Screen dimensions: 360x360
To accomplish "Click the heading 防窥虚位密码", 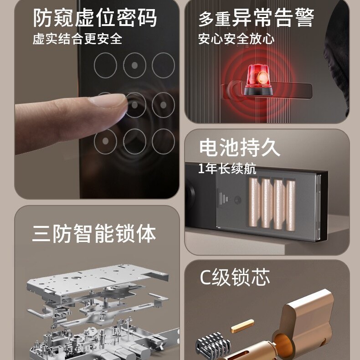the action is (95, 18).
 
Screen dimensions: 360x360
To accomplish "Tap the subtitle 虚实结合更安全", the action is (77, 39).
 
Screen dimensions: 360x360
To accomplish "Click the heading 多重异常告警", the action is (256, 17).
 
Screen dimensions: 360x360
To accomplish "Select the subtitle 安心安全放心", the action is (236, 39).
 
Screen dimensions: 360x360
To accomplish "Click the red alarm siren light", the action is (258, 80).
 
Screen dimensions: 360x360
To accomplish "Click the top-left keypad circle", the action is (105, 66).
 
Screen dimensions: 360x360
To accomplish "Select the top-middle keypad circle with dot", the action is (134, 66).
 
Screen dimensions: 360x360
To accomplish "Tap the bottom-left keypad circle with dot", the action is (105, 141).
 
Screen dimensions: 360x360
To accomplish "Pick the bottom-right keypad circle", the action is (163, 141).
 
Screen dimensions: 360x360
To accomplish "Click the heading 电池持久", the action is (239, 148).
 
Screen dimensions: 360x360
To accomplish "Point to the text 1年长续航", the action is (227, 169).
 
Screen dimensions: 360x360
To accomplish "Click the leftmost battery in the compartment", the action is (254, 202).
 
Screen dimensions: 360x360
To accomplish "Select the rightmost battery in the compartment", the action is (290, 206).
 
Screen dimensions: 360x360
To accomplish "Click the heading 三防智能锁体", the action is (94, 233).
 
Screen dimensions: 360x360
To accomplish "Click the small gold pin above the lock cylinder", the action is (242, 326).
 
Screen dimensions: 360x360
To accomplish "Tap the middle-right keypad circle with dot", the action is (163, 105).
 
